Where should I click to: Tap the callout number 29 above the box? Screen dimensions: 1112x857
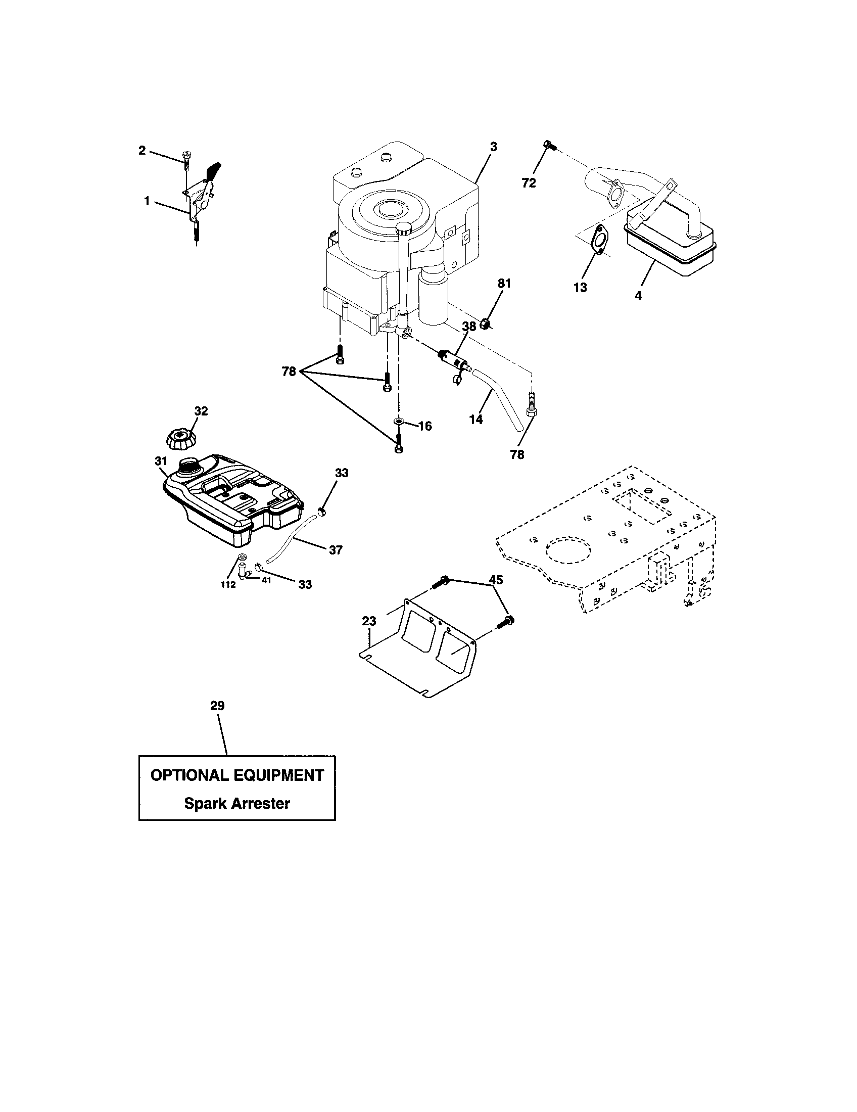click(x=217, y=706)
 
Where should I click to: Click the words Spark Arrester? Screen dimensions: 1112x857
click(x=236, y=804)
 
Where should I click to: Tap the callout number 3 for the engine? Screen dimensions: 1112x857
click(x=493, y=147)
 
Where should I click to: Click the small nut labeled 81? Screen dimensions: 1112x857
click(x=485, y=323)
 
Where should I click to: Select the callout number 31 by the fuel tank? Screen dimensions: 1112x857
click(x=161, y=461)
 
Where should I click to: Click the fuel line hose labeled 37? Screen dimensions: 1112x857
click(x=290, y=540)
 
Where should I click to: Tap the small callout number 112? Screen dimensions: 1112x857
click(x=228, y=585)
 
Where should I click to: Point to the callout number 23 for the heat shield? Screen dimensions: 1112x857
click(x=369, y=621)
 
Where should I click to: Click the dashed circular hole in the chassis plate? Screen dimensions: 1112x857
click(x=569, y=549)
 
